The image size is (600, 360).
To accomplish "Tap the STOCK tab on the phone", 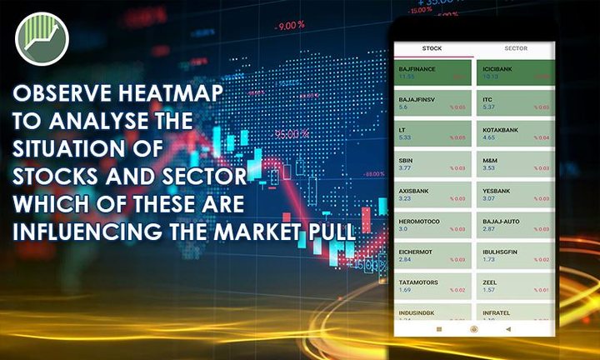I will pos(432,48).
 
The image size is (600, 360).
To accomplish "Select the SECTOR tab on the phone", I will pos(515,48).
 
